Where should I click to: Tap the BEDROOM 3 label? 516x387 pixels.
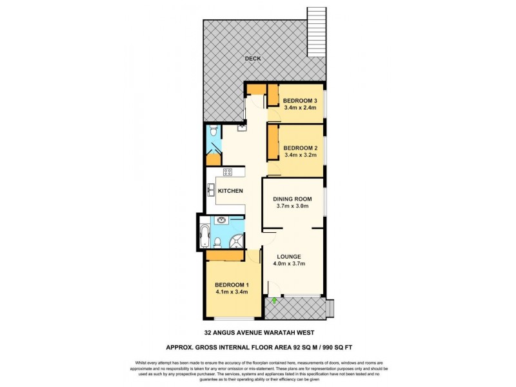[301, 101]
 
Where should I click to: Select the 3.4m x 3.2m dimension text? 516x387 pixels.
[301, 155]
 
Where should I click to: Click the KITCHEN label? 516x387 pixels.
[230, 191]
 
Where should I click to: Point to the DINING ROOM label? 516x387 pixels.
[292, 199]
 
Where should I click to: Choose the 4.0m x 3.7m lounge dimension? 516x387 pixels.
[289, 263]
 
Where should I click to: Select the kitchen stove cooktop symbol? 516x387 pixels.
[228, 172]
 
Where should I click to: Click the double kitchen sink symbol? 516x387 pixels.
[211, 190]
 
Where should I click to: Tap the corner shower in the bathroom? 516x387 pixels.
[237, 241]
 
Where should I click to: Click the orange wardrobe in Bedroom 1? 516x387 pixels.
[224, 256]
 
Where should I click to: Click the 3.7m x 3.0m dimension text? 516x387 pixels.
[292, 206]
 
